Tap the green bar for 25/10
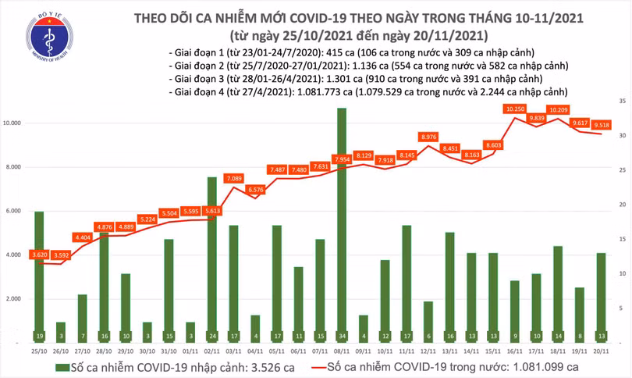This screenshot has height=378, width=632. pos(39,273)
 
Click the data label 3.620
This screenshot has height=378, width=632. pos(41,254)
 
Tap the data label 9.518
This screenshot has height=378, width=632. pos(601,123)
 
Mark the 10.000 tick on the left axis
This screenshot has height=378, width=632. pos(13,123)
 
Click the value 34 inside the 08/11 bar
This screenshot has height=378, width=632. pos(342,337)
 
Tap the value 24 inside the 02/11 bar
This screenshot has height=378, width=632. pos(212,337)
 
